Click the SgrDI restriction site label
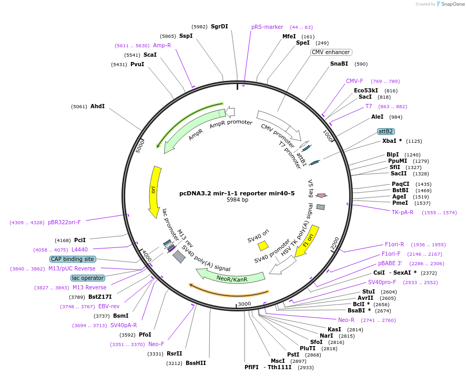pyautogui.click(x=219, y=26)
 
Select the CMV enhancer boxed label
pyautogui.click(x=331, y=52)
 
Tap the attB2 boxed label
pyautogui.click(x=385, y=131)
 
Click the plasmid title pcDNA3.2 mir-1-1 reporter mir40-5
pyautogui.click(x=237, y=193)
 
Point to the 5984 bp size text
pyautogui.click(x=237, y=200)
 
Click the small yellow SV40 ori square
pyautogui.click(x=263, y=245)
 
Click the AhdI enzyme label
pyautogui.click(x=97, y=106)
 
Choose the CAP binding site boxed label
pyautogui.click(x=73, y=259)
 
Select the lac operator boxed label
pyautogui.click(x=88, y=278)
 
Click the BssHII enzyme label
pyautogui.click(x=196, y=363)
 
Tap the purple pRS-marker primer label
pyautogui.click(x=267, y=27)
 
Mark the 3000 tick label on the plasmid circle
pyautogui.click(x=245, y=304)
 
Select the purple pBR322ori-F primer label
pyautogui.click(x=64, y=222)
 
